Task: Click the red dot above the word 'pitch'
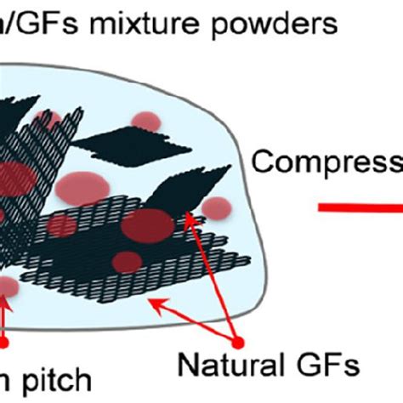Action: pyautogui.click(x=4, y=343)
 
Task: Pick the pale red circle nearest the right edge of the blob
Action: pyautogui.click(x=218, y=207)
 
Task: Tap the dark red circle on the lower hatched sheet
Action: pyautogui.click(x=127, y=260)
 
